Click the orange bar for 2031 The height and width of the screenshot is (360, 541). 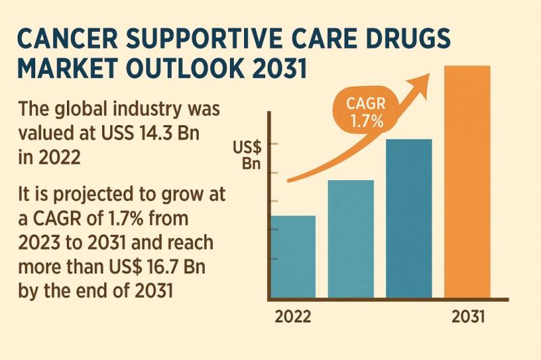point(467,183)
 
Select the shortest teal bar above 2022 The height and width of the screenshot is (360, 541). point(293,257)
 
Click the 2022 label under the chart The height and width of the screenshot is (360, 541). point(293,317)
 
